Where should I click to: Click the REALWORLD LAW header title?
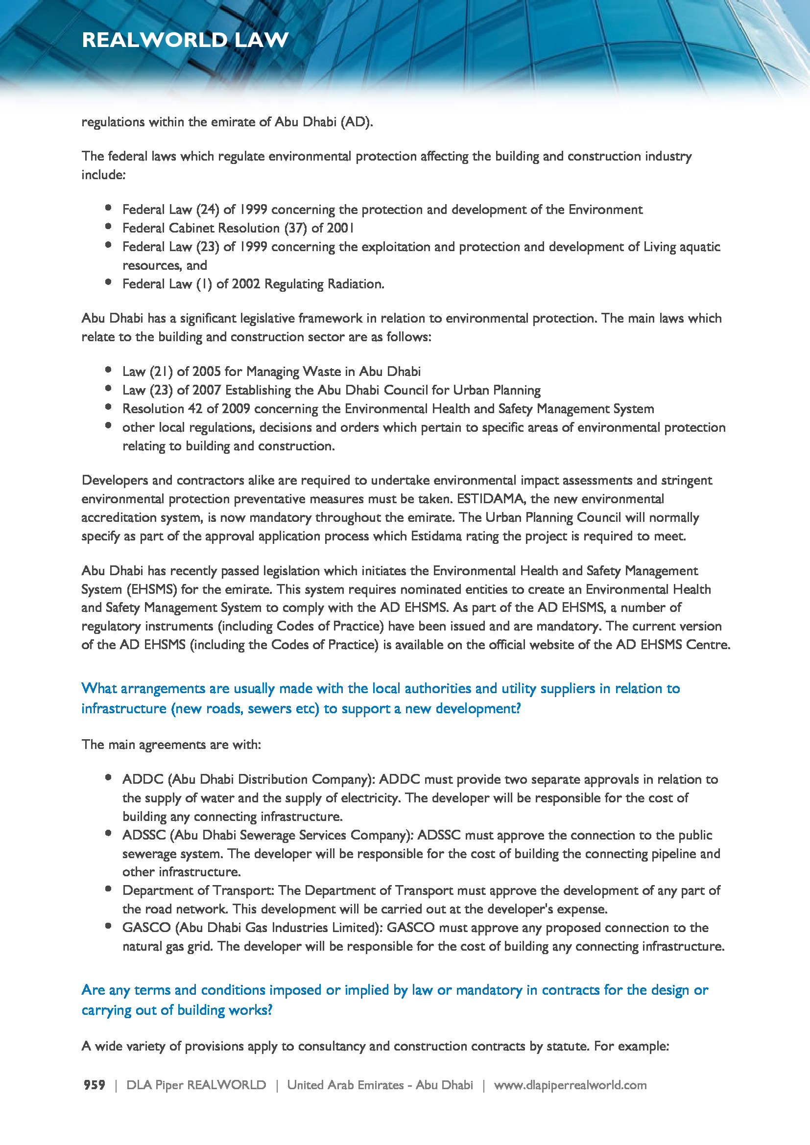click(185, 40)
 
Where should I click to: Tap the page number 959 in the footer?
click(94, 1085)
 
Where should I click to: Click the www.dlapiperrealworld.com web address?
click(570, 1085)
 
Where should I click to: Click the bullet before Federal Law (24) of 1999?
click(108, 208)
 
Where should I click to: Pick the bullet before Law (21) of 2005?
click(108, 370)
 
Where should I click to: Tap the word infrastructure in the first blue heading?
click(124, 708)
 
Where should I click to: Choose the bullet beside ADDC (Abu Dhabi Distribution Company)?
click(108, 777)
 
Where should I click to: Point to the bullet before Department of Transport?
click(108, 888)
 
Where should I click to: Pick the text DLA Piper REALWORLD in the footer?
click(196, 1085)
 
